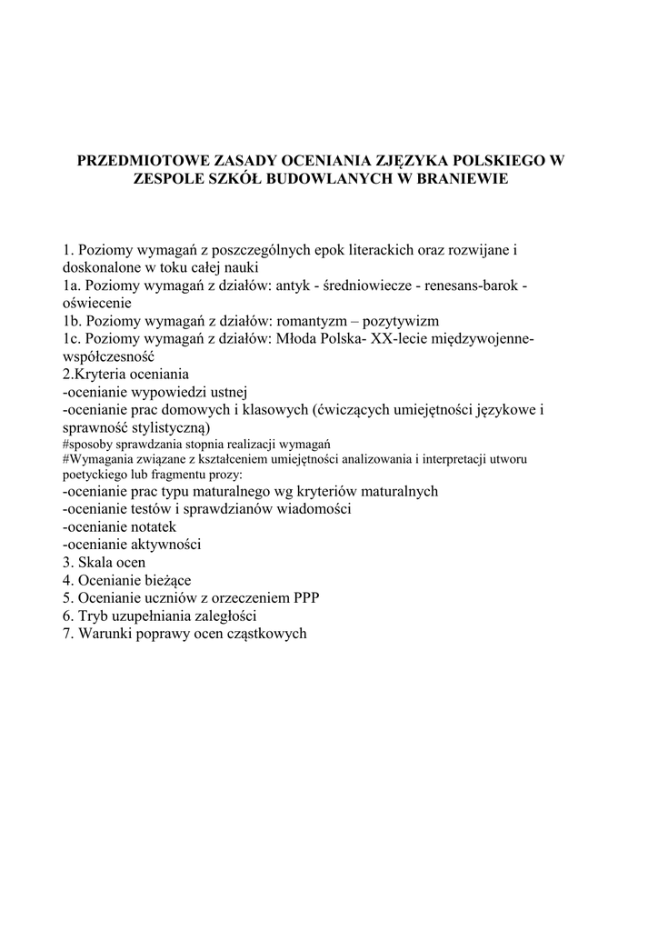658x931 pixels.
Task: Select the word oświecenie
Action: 97,303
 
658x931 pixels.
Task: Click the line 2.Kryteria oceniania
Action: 125,374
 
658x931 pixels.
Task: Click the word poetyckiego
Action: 94,474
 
